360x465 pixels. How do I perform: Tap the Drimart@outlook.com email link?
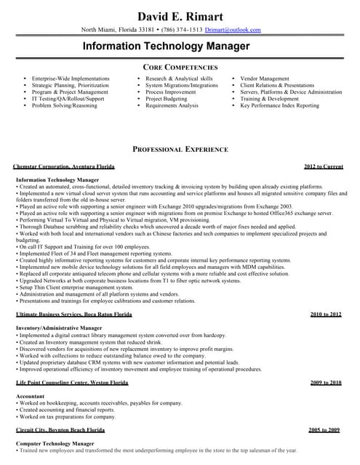click(232, 30)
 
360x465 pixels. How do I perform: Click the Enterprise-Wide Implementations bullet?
click(71, 78)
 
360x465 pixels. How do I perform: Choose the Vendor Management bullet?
click(265, 78)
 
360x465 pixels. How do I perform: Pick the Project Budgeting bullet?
click(167, 99)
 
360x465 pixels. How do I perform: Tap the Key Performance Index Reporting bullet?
click(279, 105)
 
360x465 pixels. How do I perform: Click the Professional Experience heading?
click(180, 149)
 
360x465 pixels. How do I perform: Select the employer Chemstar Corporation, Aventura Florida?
click(64, 167)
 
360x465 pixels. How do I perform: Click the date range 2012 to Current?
click(324, 167)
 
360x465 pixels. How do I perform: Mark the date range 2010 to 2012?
click(325, 314)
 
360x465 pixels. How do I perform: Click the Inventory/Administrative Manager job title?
click(59, 328)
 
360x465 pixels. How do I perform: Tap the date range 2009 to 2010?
click(325, 382)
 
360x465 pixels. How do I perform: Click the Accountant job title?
click(30, 396)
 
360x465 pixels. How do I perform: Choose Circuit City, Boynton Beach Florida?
click(60, 430)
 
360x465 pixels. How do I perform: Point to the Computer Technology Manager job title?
click(55, 443)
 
